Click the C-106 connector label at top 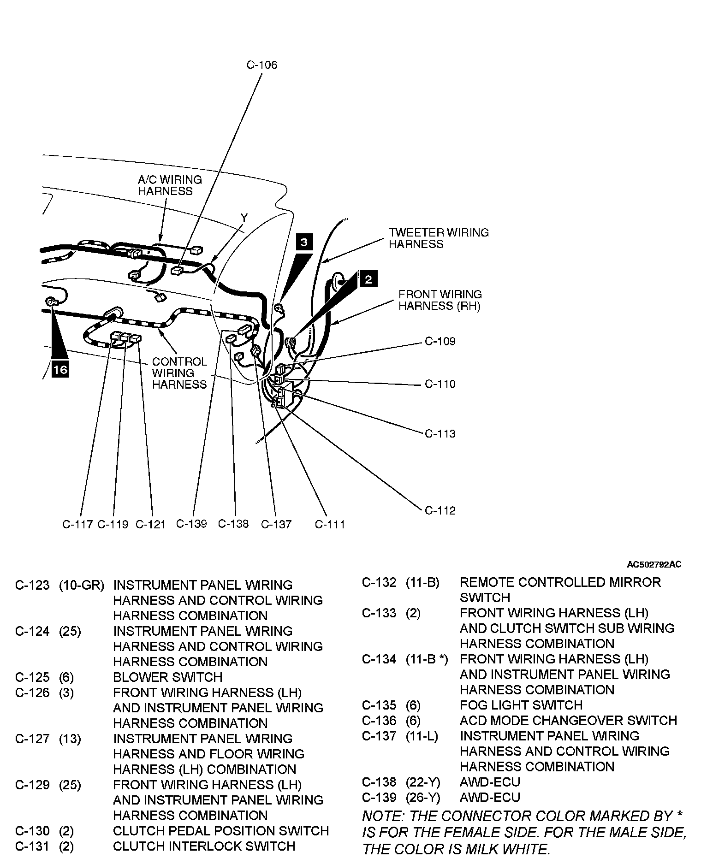pyautogui.click(x=262, y=65)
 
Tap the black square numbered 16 pyautogui.click(x=60, y=369)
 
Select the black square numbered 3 pyautogui.click(x=304, y=242)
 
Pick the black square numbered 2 pyautogui.click(x=368, y=279)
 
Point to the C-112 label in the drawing pyautogui.click(x=440, y=510)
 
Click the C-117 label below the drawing pyautogui.click(x=77, y=524)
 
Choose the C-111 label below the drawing pyautogui.click(x=330, y=524)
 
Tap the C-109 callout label pyautogui.click(x=440, y=341)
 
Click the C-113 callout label pyautogui.click(x=440, y=433)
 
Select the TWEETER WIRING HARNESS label pyautogui.click(x=438, y=238)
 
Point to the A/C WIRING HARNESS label pyautogui.click(x=170, y=185)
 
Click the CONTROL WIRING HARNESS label pyautogui.click(x=179, y=373)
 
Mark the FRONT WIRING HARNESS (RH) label pyautogui.click(x=440, y=300)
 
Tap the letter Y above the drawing pyautogui.click(x=244, y=217)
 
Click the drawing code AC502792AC pyautogui.click(x=653, y=564)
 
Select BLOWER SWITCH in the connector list pyautogui.click(x=167, y=677)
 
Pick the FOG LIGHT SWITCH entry pyautogui.click(x=521, y=705)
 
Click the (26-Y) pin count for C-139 pyautogui.click(x=423, y=797)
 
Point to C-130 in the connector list pyautogui.click(x=32, y=831)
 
